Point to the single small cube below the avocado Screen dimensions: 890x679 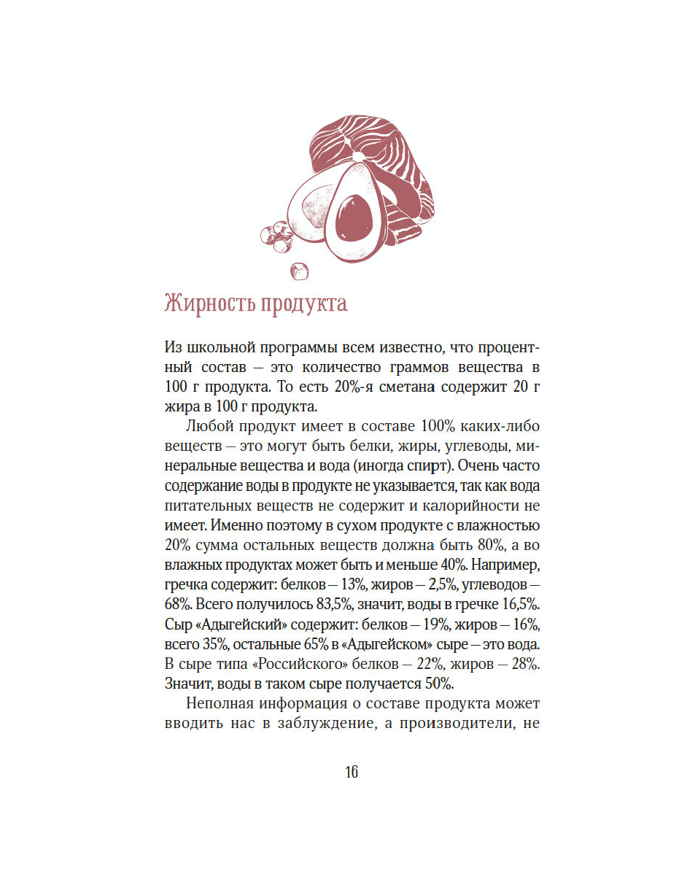pyautogui.click(x=299, y=271)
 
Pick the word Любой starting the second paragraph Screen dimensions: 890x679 pyautogui.click(x=209, y=425)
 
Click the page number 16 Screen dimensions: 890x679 pyautogui.click(x=352, y=773)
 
